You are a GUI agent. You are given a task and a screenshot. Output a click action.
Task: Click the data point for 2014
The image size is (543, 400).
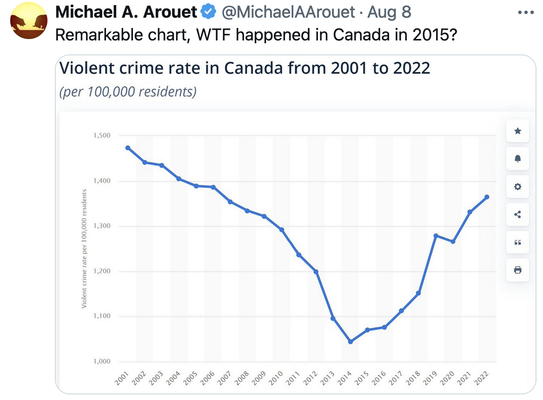(x=351, y=342)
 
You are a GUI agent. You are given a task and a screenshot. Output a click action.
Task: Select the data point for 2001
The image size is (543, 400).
(x=128, y=148)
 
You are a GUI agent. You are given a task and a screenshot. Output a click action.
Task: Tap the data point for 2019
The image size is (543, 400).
(x=436, y=236)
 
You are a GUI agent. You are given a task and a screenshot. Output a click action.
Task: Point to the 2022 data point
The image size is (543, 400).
(x=487, y=197)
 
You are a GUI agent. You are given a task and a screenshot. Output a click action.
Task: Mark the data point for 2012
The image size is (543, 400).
(x=316, y=272)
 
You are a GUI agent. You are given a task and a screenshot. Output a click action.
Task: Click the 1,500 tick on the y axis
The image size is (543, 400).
(x=102, y=135)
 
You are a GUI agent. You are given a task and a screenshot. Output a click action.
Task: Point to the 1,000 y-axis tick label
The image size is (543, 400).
(x=102, y=361)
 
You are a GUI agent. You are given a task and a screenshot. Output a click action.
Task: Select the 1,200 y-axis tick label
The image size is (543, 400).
(x=102, y=271)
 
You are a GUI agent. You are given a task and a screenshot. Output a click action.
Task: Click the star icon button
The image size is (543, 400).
(x=518, y=131)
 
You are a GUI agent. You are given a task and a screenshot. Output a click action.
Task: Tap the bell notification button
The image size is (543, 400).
(x=518, y=159)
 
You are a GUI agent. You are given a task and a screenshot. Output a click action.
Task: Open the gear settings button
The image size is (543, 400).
(x=518, y=187)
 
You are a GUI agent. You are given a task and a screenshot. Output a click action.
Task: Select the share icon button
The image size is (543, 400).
(x=518, y=214)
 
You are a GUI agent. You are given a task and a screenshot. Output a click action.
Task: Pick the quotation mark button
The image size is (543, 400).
(x=518, y=242)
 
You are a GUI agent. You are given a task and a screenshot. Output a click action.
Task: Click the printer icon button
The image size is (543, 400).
(x=518, y=270)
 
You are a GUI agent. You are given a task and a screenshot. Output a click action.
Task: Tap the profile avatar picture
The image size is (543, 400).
(x=28, y=20)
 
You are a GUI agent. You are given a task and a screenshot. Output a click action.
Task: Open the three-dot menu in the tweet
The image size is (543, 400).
(x=526, y=13)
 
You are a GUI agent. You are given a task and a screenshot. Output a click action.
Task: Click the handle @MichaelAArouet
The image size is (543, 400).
(x=288, y=12)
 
